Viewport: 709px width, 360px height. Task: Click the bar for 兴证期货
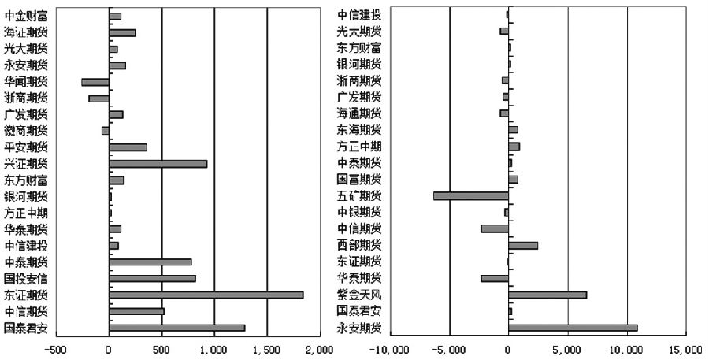click(x=158, y=164)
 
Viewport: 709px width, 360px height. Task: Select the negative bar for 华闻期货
click(x=95, y=82)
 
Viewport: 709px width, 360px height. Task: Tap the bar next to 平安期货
click(x=128, y=147)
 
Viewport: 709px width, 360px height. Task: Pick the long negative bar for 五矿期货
click(x=471, y=195)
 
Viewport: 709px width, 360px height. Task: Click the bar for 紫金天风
click(x=548, y=295)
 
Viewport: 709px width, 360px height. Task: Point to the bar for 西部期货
click(x=523, y=245)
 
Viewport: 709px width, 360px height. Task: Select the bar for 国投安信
click(x=152, y=278)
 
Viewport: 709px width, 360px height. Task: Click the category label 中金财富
click(x=25, y=16)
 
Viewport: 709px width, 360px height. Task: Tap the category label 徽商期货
click(x=25, y=131)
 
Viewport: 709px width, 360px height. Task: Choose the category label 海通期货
click(x=359, y=113)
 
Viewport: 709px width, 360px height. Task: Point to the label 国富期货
click(x=359, y=180)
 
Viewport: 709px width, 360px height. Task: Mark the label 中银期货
click(x=359, y=212)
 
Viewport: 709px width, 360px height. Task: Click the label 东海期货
click(x=359, y=130)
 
